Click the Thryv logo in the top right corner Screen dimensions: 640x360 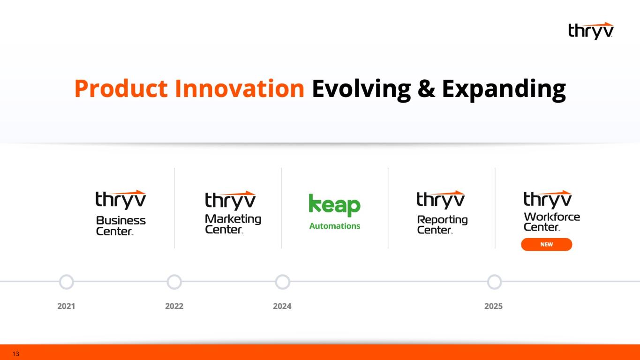tap(591, 31)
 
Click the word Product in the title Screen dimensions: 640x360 tap(121, 89)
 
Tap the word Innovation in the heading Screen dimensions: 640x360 tap(240, 89)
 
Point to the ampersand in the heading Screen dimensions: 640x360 tap(426, 89)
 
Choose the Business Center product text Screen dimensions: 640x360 tap(121, 225)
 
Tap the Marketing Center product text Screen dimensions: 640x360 tap(233, 224)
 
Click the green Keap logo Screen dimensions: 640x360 tap(335, 205)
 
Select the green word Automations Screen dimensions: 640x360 tap(335, 226)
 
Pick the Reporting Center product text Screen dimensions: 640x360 tap(442, 224)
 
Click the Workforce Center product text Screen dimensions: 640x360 tap(552, 222)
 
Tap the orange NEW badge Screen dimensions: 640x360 tap(547, 245)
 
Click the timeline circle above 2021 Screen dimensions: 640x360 tap(67, 276)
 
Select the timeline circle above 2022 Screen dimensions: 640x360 tap(174, 276)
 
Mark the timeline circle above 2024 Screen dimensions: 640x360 tap(283, 276)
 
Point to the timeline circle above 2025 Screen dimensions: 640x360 tap(494, 276)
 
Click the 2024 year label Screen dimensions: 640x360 tap(282, 306)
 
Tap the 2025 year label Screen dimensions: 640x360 tap(493, 306)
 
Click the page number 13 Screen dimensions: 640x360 tap(16, 354)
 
